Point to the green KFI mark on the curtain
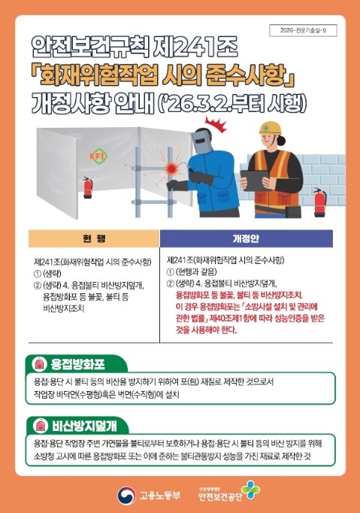(x=97, y=156)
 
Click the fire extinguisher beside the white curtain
(x=87, y=187)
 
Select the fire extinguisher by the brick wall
(x=319, y=201)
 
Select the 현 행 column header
(x=94, y=238)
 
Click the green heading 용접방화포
(x=81, y=363)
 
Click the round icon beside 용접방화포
(x=38, y=363)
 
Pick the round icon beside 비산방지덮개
(x=38, y=425)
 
